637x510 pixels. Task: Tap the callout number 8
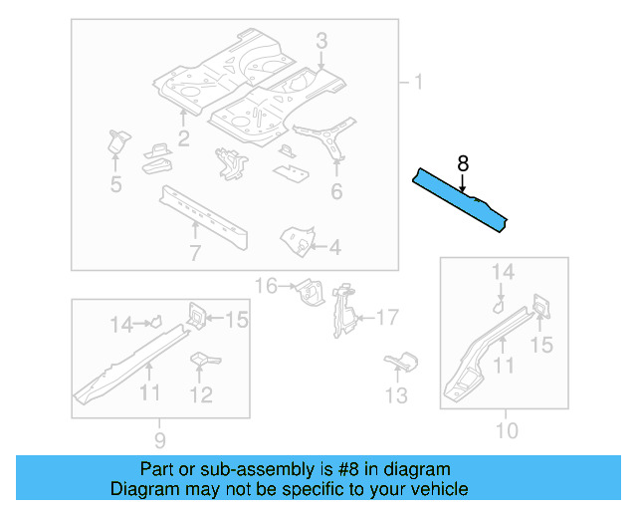[462, 163]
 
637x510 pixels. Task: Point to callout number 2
[184, 137]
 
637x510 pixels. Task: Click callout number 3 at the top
[321, 40]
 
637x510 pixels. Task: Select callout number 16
[266, 287]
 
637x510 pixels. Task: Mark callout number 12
[201, 394]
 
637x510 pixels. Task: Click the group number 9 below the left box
[160, 439]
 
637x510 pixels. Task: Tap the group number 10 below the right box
[507, 430]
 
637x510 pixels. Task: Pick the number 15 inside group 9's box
[236, 319]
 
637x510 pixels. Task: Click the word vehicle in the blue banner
[437, 489]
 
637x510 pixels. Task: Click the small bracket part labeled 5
[116, 141]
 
